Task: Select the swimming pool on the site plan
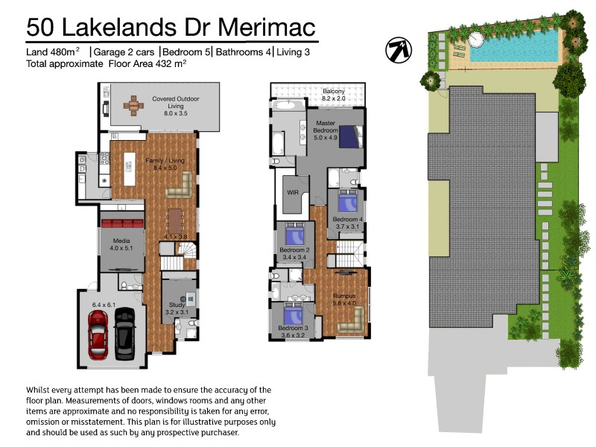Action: point(514,46)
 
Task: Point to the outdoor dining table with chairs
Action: point(133,105)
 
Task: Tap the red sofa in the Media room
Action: point(121,223)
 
